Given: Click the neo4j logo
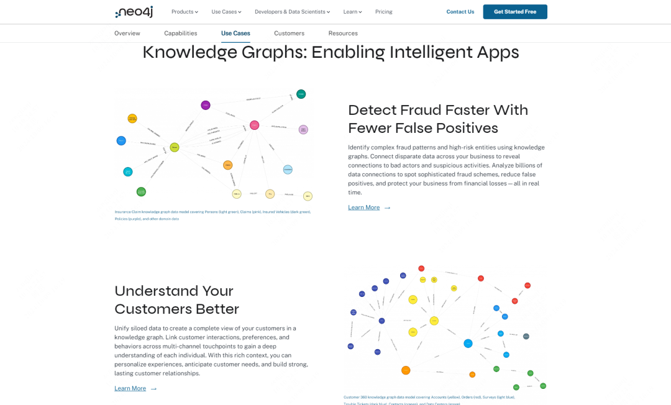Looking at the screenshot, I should pyautogui.click(x=134, y=12).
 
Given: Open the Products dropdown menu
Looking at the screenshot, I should pyautogui.click(x=185, y=12).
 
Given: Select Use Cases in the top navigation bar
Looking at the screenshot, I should pyautogui.click(x=226, y=12).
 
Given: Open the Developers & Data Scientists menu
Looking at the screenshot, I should pyautogui.click(x=292, y=12).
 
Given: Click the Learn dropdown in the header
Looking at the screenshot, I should pyautogui.click(x=352, y=12).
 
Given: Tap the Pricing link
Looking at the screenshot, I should pyautogui.click(x=384, y=12).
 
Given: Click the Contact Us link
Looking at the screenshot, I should pyautogui.click(x=460, y=12).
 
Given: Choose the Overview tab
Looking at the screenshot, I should pyautogui.click(x=127, y=34).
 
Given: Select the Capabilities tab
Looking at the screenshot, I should pyautogui.click(x=181, y=34).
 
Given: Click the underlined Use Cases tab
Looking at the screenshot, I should pyautogui.click(x=235, y=34).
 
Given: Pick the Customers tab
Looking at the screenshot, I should pyautogui.click(x=289, y=34).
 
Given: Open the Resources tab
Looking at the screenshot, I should pyautogui.click(x=343, y=34).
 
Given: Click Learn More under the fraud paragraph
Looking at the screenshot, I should pyautogui.click(x=364, y=207).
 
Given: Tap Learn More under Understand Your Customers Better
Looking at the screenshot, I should pyautogui.click(x=130, y=388).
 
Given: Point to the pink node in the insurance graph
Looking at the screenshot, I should pyautogui.click(x=254, y=125).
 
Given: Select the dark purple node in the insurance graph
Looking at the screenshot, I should pyautogui.click(x=206, y=105).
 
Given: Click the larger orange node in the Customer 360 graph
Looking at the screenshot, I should pyautogui.click(x=406, y=370).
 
